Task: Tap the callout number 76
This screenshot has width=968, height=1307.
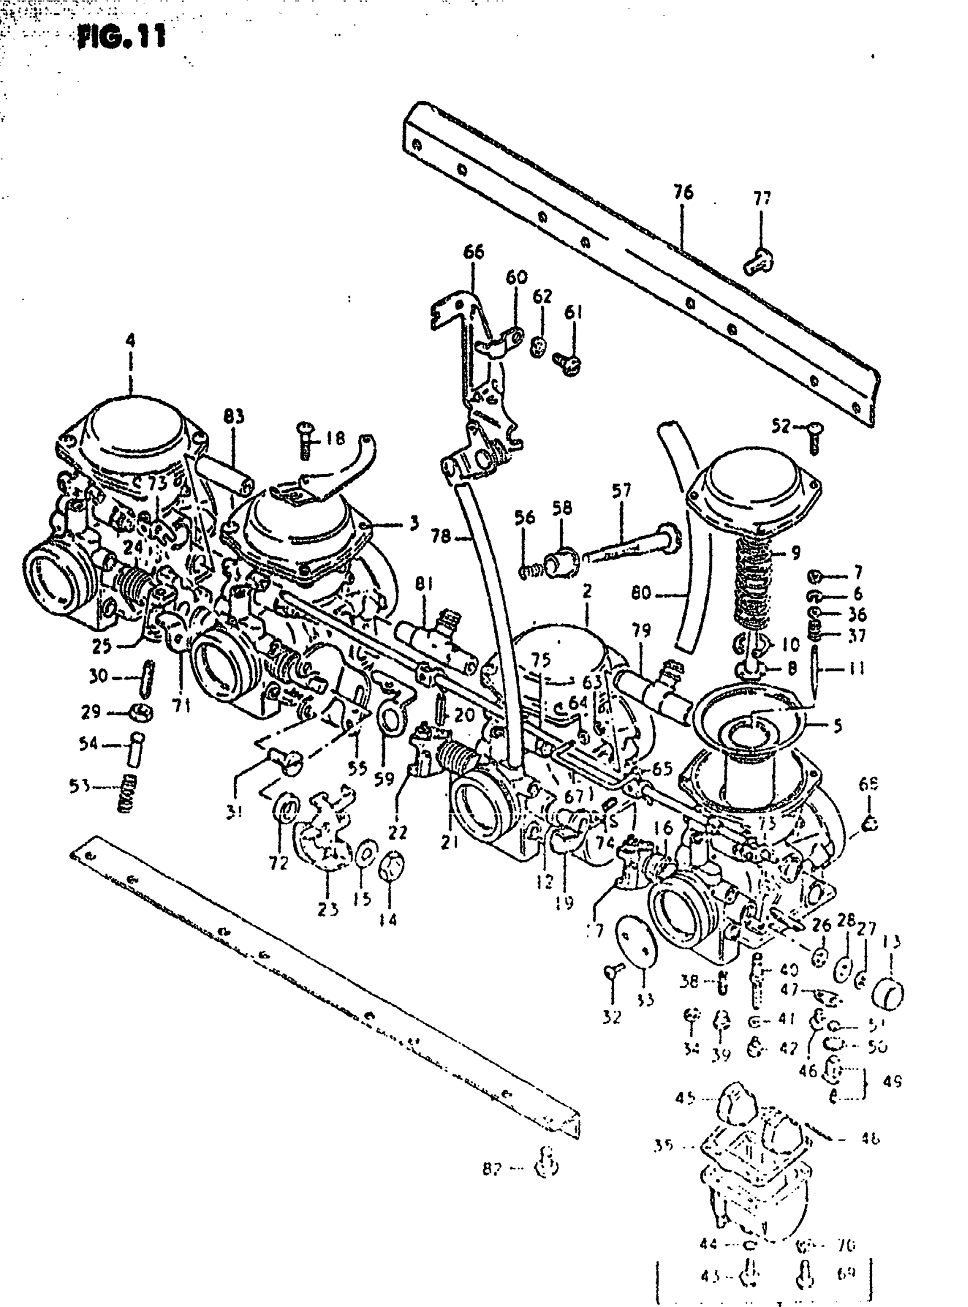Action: (683, 192)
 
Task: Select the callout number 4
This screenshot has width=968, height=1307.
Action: (130, 341)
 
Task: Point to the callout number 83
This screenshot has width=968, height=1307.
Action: (234, 417)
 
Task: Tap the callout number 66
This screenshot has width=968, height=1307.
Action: (473, 252)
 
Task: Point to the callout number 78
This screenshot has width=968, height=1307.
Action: (441, 536)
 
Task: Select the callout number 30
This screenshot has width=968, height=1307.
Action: (98, 677)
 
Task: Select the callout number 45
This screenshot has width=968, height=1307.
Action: (685, 1097)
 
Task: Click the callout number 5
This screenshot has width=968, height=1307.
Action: (838, 726)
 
